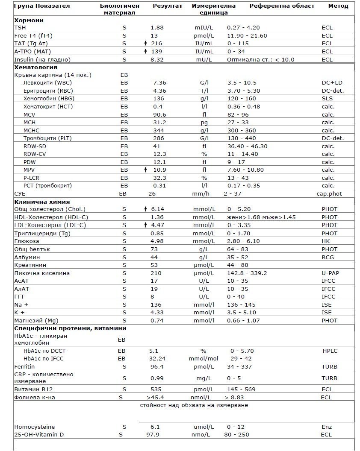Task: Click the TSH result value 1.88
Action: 157,28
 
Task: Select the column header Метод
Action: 338,6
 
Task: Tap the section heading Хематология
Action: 35,67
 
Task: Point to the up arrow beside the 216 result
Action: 146,44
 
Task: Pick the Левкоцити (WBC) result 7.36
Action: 159,83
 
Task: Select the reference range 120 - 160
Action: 242,99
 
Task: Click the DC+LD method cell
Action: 333,83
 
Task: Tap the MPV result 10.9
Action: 159,170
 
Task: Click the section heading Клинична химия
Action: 42,202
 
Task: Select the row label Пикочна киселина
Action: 42,273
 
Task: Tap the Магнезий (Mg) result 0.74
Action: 157,321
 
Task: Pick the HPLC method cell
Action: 330,351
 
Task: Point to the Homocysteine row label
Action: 35,427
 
